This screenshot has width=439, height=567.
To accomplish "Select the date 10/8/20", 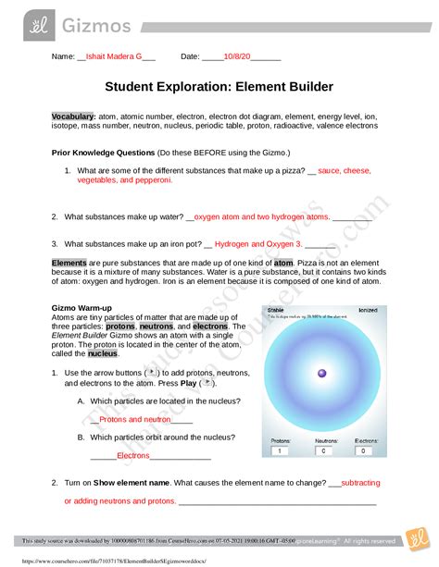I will point(236,56).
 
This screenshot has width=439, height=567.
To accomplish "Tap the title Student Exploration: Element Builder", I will point(219,87).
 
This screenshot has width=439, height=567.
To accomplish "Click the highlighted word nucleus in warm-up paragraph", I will point(103,352).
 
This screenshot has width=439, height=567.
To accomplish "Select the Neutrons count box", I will point(323,451).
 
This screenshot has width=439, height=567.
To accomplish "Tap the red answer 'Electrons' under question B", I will point(133,455).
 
